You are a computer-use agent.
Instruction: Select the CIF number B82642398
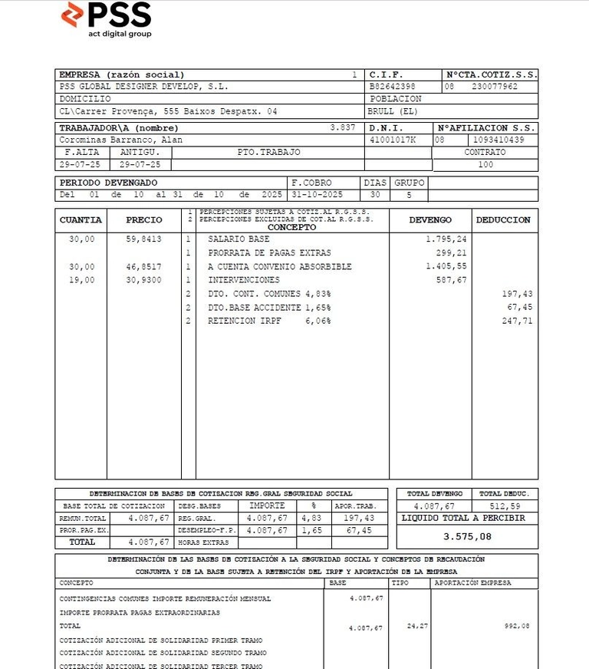coord(392,87)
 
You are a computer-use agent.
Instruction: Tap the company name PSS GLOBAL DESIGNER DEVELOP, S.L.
coord(143,87)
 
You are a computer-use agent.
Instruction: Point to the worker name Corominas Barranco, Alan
coord(121,140)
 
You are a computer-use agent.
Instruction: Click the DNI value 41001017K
coord(393,140)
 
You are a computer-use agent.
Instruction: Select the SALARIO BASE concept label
coord(239,239)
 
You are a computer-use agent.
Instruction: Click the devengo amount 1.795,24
coord(446,239)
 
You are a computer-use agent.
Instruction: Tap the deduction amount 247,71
coord(517,321)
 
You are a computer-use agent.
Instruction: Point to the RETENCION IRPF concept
coord(245,321)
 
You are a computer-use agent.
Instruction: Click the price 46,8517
coord(144,266)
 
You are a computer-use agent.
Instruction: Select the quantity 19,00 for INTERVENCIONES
coord(82,280)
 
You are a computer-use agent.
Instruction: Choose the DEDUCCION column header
coord(503,220)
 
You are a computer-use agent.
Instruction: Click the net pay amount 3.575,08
coord(467,536)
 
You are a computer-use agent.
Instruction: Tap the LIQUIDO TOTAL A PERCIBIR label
coord(464,519)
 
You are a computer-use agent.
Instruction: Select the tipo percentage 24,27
coord(417,627)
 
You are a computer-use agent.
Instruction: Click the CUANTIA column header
coord(81,220)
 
